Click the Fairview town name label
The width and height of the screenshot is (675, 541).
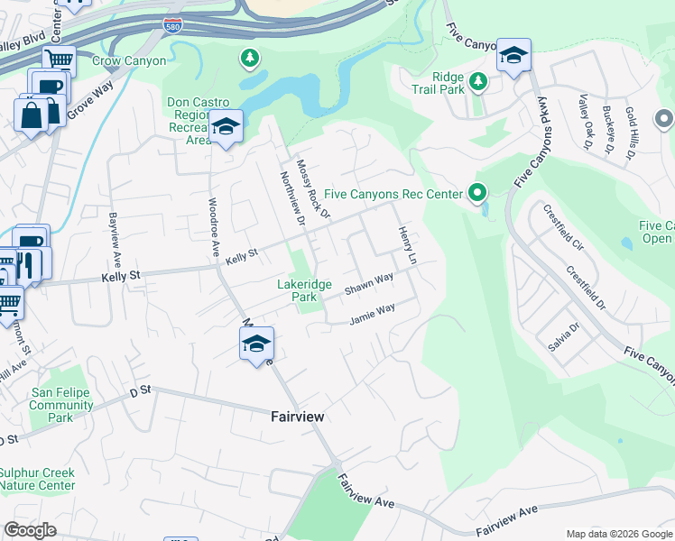297,417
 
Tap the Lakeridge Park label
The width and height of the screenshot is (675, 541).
310,290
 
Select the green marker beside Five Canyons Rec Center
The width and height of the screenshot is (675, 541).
477,193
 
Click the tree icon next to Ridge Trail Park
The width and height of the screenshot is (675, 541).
477,82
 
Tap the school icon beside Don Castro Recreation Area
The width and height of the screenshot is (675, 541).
227,127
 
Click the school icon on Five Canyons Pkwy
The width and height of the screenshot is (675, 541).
513,56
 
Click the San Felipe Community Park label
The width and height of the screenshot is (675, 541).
62,399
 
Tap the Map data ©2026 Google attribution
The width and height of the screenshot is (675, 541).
618,534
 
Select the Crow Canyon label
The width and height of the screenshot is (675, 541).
129,61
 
